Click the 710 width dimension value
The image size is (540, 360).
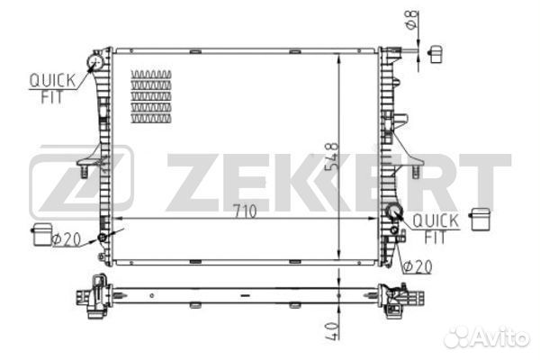[x=245, y=211]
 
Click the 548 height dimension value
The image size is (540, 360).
[x=332, y=157]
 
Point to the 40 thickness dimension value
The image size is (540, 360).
[x=332, y=331]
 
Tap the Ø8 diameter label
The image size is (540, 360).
[x=412, y=20]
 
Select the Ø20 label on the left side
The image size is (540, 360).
[x=66, y=239]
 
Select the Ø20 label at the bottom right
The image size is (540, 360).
[x=418, y=266]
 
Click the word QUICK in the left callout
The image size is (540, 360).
[x=52, y=81]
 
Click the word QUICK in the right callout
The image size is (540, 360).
[x=436, y=220]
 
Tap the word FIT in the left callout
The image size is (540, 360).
[x=52, y=97]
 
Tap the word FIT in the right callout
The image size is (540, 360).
[x=436, y=237]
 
